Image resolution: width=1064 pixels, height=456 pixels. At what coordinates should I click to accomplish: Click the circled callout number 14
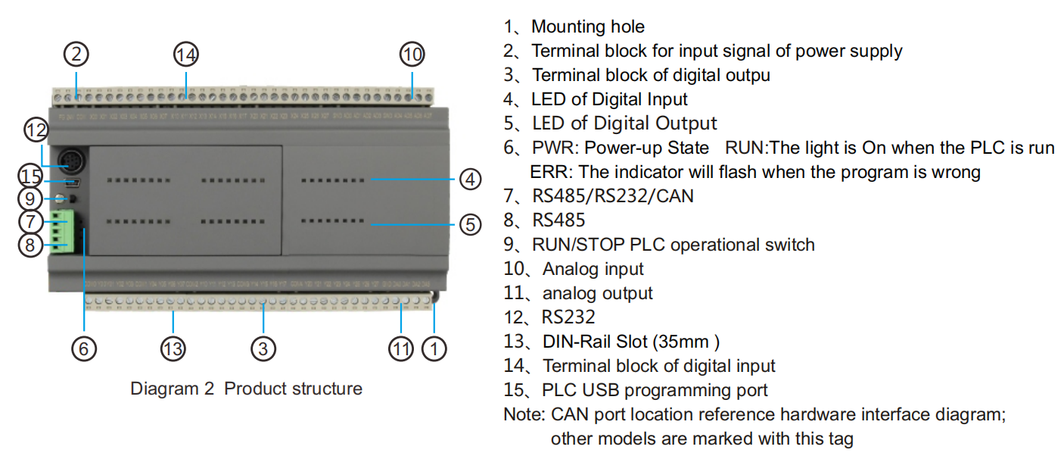186,55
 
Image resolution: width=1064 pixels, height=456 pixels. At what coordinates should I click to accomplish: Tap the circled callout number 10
412,55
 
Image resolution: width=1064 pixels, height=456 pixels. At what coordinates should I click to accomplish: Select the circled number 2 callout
76,55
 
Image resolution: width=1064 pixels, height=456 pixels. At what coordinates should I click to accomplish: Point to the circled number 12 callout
36,130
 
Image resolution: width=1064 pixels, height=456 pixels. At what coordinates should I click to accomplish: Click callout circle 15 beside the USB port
31,176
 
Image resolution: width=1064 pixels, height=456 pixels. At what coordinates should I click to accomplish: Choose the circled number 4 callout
470,180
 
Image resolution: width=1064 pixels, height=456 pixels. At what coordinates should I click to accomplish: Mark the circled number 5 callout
470,224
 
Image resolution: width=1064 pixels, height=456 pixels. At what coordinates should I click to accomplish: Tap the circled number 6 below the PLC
84,348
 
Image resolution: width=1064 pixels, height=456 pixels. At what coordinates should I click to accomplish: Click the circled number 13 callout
173,348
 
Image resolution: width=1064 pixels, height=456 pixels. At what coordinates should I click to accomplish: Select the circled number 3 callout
263,348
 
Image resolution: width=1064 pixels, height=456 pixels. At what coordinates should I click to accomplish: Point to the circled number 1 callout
434,348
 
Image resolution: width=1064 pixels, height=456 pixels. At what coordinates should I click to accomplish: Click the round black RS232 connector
71,161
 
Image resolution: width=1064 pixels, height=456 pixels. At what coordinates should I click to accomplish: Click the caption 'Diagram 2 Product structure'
246,389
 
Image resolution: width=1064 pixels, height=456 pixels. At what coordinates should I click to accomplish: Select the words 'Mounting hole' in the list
588,27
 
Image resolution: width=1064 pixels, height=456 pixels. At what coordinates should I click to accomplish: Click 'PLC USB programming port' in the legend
655,390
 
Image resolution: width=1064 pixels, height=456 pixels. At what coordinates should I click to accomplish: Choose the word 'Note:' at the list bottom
524,414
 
